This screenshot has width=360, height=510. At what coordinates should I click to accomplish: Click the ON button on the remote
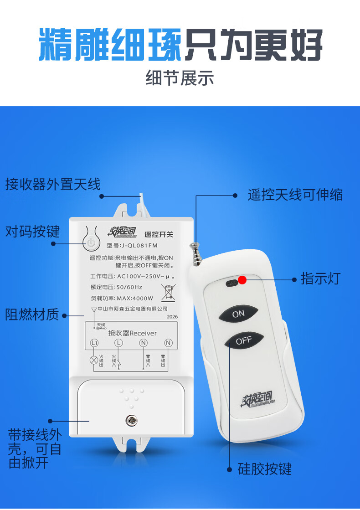pyautogui.click(x=238, y=314)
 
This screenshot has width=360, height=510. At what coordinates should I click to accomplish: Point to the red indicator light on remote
pyautogui.click(x=242, y=280)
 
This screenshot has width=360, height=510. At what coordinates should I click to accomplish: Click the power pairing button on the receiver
pyautogui.click(x=91, y=242)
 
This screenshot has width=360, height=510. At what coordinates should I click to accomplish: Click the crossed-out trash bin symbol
pyautogui.click(x=169, y=292)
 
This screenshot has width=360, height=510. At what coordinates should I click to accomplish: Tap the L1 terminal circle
pyautogui.click(x=94, y=342)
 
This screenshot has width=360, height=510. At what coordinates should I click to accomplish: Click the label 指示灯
pyautogui.click(x=320, y=278)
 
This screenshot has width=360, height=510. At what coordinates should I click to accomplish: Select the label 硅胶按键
pyautogui.click(x=264, y=469)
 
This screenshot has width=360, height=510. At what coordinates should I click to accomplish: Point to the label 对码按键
pyautogui.click(x=32, y=232)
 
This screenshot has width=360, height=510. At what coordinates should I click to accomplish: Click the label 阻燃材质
pyautogui.click(x=32, y=314)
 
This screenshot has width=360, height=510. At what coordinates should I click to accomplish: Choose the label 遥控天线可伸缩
pyautogui.click(x=295, y=195)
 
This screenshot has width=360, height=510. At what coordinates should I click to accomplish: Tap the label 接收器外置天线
pyautogui.click(x=53, y=185)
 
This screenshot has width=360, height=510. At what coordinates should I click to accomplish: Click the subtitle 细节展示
pyautogui.click(x=180, y=78)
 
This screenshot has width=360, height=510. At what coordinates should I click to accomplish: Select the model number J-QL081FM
pyautogui.click(x=136, y=245)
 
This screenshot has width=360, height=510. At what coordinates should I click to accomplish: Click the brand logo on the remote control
pyautogui.click(x=257, y=400)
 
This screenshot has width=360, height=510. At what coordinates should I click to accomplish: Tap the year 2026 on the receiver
pyautogui.click(x=172, y=316)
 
